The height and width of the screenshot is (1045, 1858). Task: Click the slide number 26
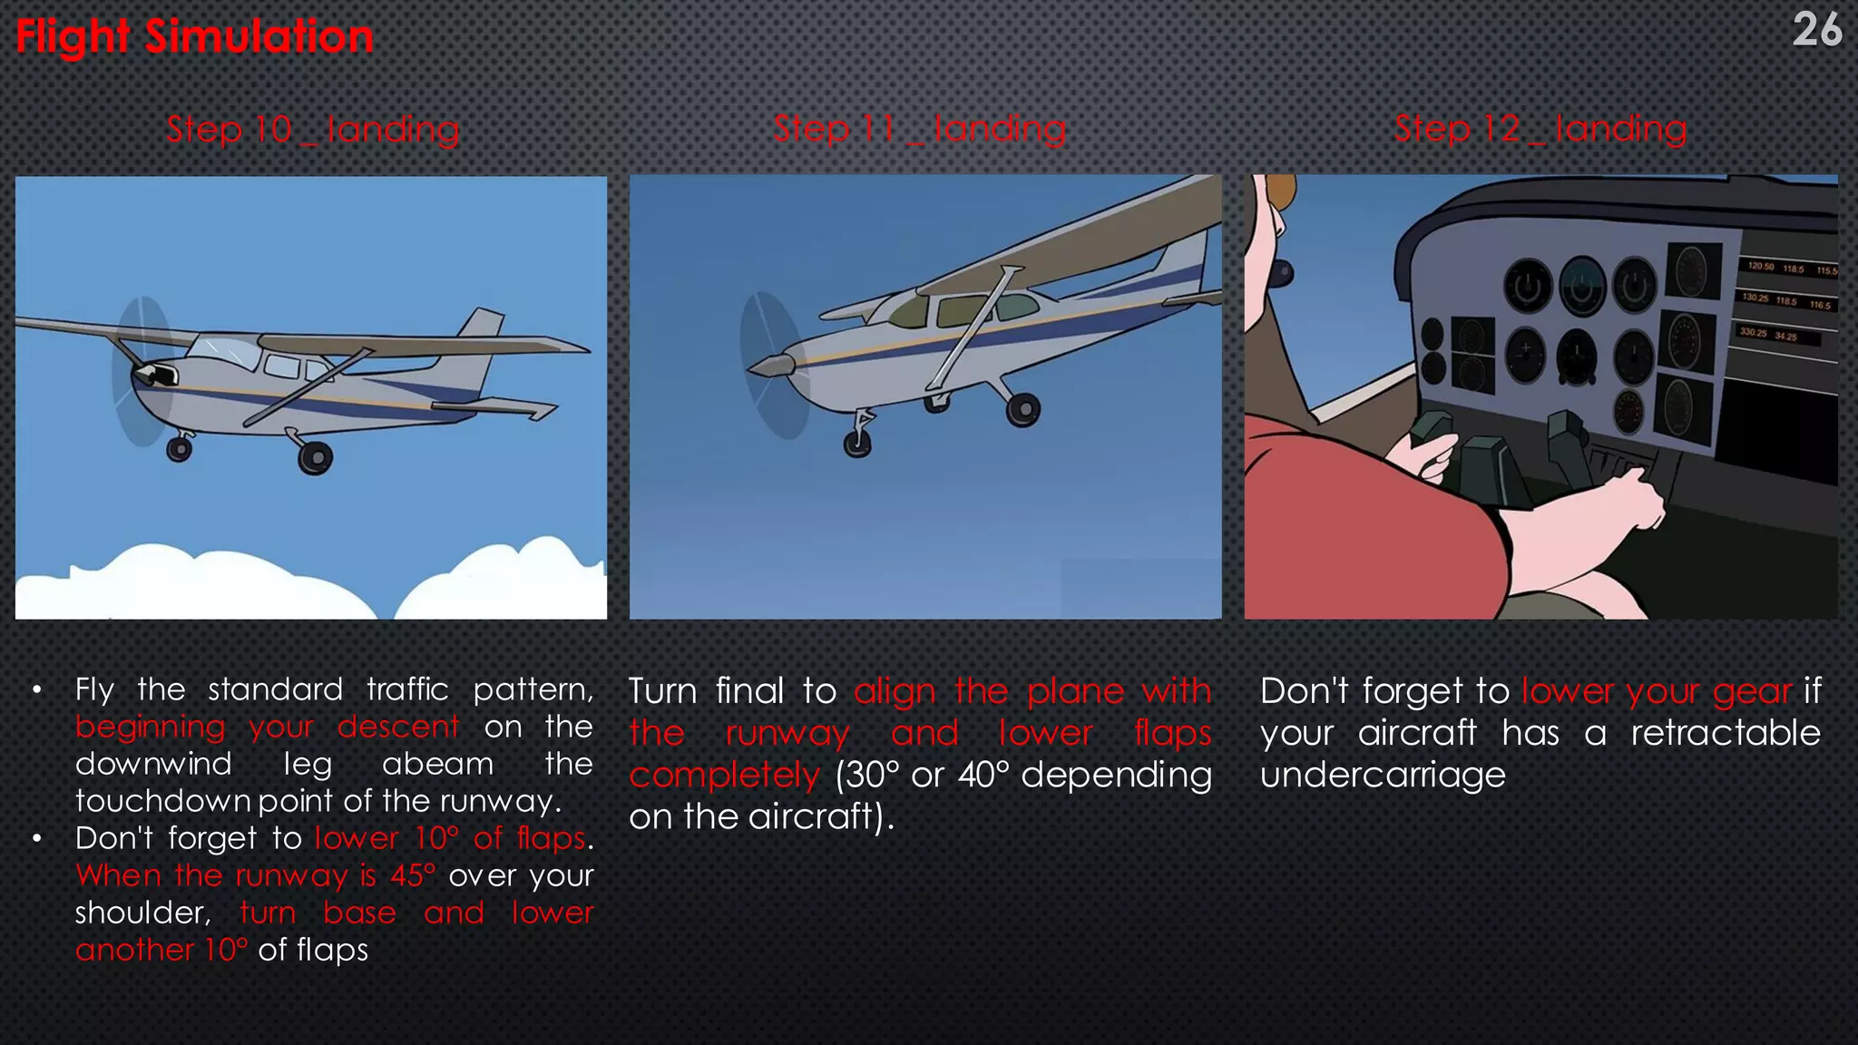point(1816,31)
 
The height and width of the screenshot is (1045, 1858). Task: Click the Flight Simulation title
point(194,37)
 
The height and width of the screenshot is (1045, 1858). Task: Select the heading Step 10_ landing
point(313,130)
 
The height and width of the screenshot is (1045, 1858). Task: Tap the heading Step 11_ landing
point(919,129)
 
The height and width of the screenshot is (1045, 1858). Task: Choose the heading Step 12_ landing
point(1540,129)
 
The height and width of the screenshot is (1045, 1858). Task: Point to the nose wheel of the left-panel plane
point(180,448)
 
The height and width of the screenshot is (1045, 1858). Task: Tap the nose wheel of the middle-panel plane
point(857,443)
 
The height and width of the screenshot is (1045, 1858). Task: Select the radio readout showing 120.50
point(1761,267)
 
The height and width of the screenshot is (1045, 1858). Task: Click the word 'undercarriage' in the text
point(1383,775)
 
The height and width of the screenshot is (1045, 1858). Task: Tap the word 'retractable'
point(1725,733)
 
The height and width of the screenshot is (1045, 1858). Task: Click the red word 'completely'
point(724,776)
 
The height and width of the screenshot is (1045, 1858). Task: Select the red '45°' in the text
point(413,875)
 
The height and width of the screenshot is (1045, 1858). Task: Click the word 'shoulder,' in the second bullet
point(142,913)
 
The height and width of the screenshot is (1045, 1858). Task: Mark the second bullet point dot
point(36,839)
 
